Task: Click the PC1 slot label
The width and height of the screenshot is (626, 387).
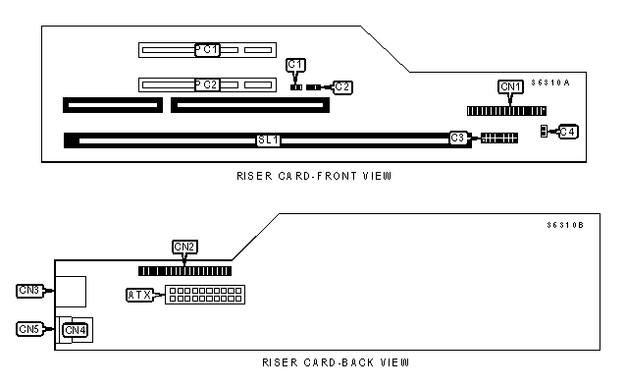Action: point(207,50)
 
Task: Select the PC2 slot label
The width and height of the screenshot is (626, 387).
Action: point(207,84)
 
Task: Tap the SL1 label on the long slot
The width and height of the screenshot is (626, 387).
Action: point(268,139)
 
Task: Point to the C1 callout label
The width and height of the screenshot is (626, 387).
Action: point(296,65)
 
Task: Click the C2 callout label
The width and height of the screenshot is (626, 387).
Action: point(342,87)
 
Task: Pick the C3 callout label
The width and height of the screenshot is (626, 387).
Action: point(458,138)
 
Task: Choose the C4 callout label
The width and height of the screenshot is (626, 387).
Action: point(568,132)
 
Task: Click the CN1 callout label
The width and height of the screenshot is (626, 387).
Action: point(510,86)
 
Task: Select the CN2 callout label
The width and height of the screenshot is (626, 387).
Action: point(184,247)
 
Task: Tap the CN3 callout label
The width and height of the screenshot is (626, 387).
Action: point(29,291)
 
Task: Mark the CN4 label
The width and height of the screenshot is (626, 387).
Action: point(75,330)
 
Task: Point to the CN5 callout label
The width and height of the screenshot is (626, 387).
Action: point(29,329)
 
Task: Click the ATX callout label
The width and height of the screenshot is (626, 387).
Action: point(139,295)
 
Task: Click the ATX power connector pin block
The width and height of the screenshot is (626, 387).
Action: point(205,295)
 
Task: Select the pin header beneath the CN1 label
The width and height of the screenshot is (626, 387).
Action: point(506,111)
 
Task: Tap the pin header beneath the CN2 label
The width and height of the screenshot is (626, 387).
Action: point(184,271)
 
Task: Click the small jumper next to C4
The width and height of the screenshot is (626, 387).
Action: point(544,132)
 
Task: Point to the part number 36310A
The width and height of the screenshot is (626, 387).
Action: point(550,83)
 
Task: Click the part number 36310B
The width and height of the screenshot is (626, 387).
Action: point(565,225)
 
